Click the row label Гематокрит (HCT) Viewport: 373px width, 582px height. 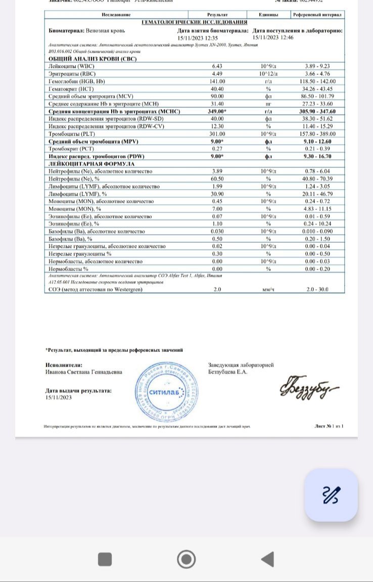(71, 88)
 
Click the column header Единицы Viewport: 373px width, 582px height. (269, 16)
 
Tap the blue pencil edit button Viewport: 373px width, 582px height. (331, 495)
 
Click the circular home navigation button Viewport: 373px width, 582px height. (186, 559)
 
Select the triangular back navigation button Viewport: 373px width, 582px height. (267, 559)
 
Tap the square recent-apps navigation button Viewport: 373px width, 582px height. (105, 559)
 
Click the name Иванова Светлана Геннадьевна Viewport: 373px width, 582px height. (83, 372)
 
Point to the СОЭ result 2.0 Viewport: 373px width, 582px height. (217, 289)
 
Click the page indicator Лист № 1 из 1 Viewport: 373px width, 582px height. (329, 426)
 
